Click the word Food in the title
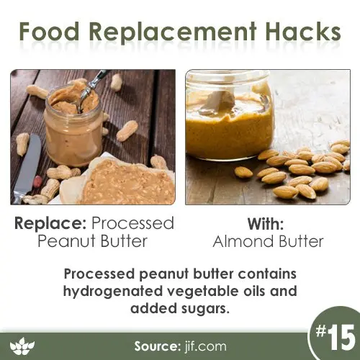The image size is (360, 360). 49,31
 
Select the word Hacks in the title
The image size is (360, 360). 303,31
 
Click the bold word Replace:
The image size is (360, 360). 50,224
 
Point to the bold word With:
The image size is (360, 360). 266,224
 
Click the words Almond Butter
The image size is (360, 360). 268,241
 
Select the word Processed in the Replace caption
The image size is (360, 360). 132,223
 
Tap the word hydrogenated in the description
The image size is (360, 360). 113,292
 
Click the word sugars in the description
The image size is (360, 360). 204,310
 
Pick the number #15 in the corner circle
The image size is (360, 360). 335,338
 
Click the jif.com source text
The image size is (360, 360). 205,346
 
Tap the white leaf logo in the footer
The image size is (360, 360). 22,346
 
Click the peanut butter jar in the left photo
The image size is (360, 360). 74,124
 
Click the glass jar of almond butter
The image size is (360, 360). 230,114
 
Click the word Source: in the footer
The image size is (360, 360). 157,346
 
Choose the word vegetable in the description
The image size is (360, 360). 204,292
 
